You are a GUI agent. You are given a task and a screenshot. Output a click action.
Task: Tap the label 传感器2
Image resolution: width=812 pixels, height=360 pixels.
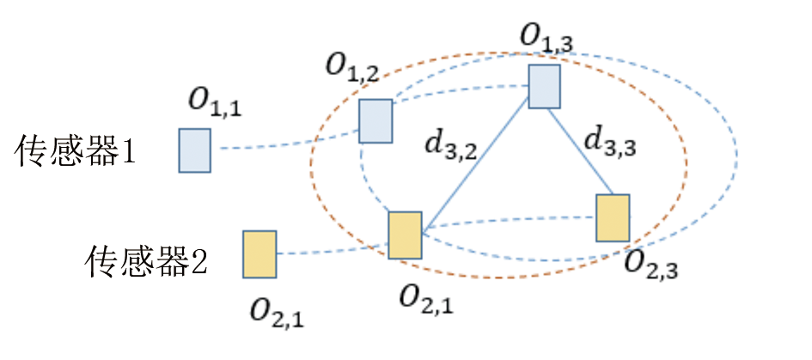(147, 260)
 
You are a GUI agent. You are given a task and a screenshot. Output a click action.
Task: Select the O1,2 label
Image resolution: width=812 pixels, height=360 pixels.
(352, 69)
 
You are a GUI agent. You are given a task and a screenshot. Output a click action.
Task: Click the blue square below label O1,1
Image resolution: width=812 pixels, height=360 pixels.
(194, 150)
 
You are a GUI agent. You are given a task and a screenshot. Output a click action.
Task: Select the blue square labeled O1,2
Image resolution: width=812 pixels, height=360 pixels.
(375, 120)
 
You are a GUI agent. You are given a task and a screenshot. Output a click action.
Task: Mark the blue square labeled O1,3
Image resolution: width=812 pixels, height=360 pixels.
(544, 87)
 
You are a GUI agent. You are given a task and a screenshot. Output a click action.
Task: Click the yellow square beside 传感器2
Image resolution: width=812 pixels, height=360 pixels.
(259, 253)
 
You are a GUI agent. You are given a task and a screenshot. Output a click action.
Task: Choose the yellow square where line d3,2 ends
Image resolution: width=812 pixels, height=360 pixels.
(405, 235)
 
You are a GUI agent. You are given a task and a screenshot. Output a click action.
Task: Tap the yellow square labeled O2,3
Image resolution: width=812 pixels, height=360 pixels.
(613, 217)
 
